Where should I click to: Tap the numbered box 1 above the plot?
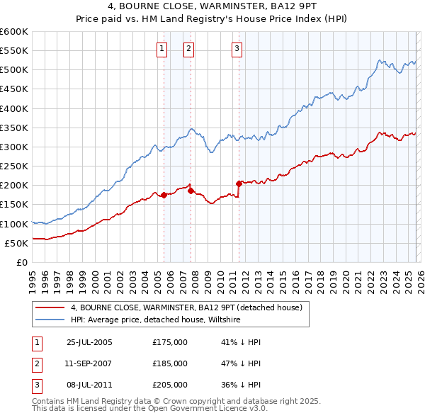click(162, 48)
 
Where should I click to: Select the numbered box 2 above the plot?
click(189, 48)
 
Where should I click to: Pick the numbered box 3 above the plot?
click(237, 48)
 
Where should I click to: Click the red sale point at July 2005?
click(164, 195)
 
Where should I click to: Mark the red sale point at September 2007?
click(191, 191)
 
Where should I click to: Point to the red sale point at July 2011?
click(239, 183)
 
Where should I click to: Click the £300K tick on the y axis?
click(14, 147)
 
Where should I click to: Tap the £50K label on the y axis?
click(16, 243)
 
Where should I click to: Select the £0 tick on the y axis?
click(21, 262)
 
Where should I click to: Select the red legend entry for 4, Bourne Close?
click(186, 307)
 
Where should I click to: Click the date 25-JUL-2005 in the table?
click(89, 342)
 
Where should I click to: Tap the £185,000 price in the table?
click(170, 363)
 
